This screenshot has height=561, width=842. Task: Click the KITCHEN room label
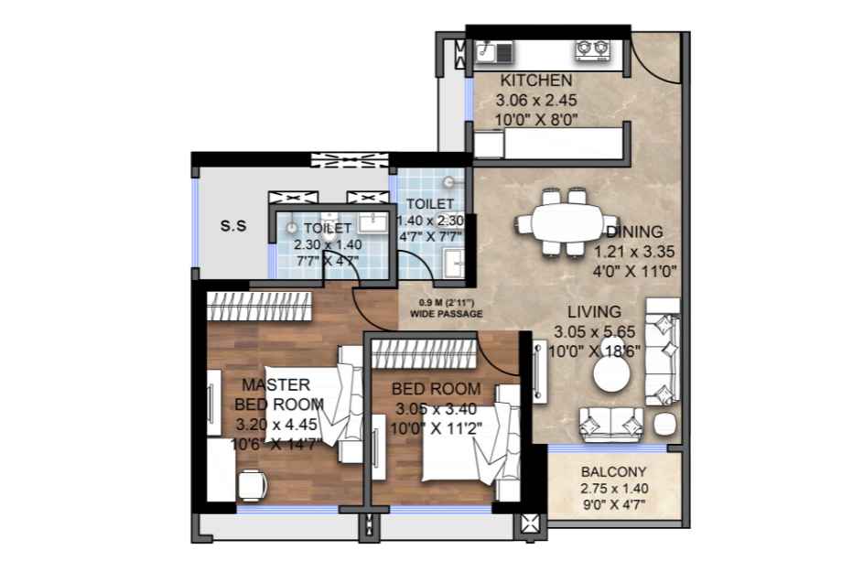pyautogui.click(x=536, y=81)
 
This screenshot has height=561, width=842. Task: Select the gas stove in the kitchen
pyautogui.click(x=593, y=49)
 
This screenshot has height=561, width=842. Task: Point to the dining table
pyautogui.click(x=567, y=222)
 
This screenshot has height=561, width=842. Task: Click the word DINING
pyautogui.click(x=634, y=232)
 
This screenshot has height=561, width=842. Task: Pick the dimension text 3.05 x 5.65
pyautogui.click(x=595, y=332)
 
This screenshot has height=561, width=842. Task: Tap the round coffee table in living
pyautogui.click(x=611, y=374)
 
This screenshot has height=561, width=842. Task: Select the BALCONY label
pyautogui.click(x=614, y=472)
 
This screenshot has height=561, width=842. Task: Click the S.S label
pyautogui.click(x=233, y=226)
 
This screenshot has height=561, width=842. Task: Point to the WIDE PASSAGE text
pyautogui.click(x=447, y=314)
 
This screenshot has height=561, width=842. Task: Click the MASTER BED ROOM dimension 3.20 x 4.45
pyautogui.click(x=276, y=425)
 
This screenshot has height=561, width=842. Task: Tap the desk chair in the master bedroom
pyautogui.click(x=252, y=485)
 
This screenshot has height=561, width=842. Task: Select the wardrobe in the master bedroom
pyautogui.click(x=259, y=307)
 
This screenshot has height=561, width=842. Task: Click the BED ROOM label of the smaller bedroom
pyautogui.click(x=436, y=389)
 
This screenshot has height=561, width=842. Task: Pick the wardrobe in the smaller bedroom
pyautogui.click(x=425, y=354)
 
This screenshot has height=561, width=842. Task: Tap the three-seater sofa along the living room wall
pyautogui.click(x=663, y=352)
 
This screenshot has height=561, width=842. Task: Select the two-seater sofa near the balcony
pyautogui.click(x=611, y=424)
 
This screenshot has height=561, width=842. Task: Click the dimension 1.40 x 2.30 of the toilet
pyautogui.click(x=430, y=221)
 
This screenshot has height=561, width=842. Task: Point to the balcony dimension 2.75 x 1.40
pyautogui.click(x=614, y=489)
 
